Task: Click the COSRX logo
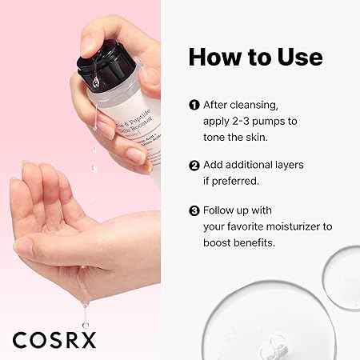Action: [54, 339]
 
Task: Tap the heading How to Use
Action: [255, 58]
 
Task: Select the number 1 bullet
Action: [194, 105]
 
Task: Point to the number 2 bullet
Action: [194, 166]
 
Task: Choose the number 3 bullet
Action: [194, 211]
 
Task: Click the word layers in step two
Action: [288, 166]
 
